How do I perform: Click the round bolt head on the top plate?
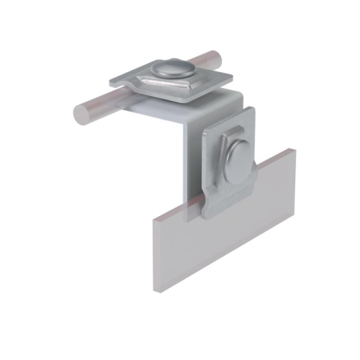[x=173, y=68]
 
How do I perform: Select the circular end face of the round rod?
[x=80, y=113]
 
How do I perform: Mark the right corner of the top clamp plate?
[x=232, y=77]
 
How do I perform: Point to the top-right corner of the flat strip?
[x=294, y=150]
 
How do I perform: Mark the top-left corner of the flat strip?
[x=152, y=216]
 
